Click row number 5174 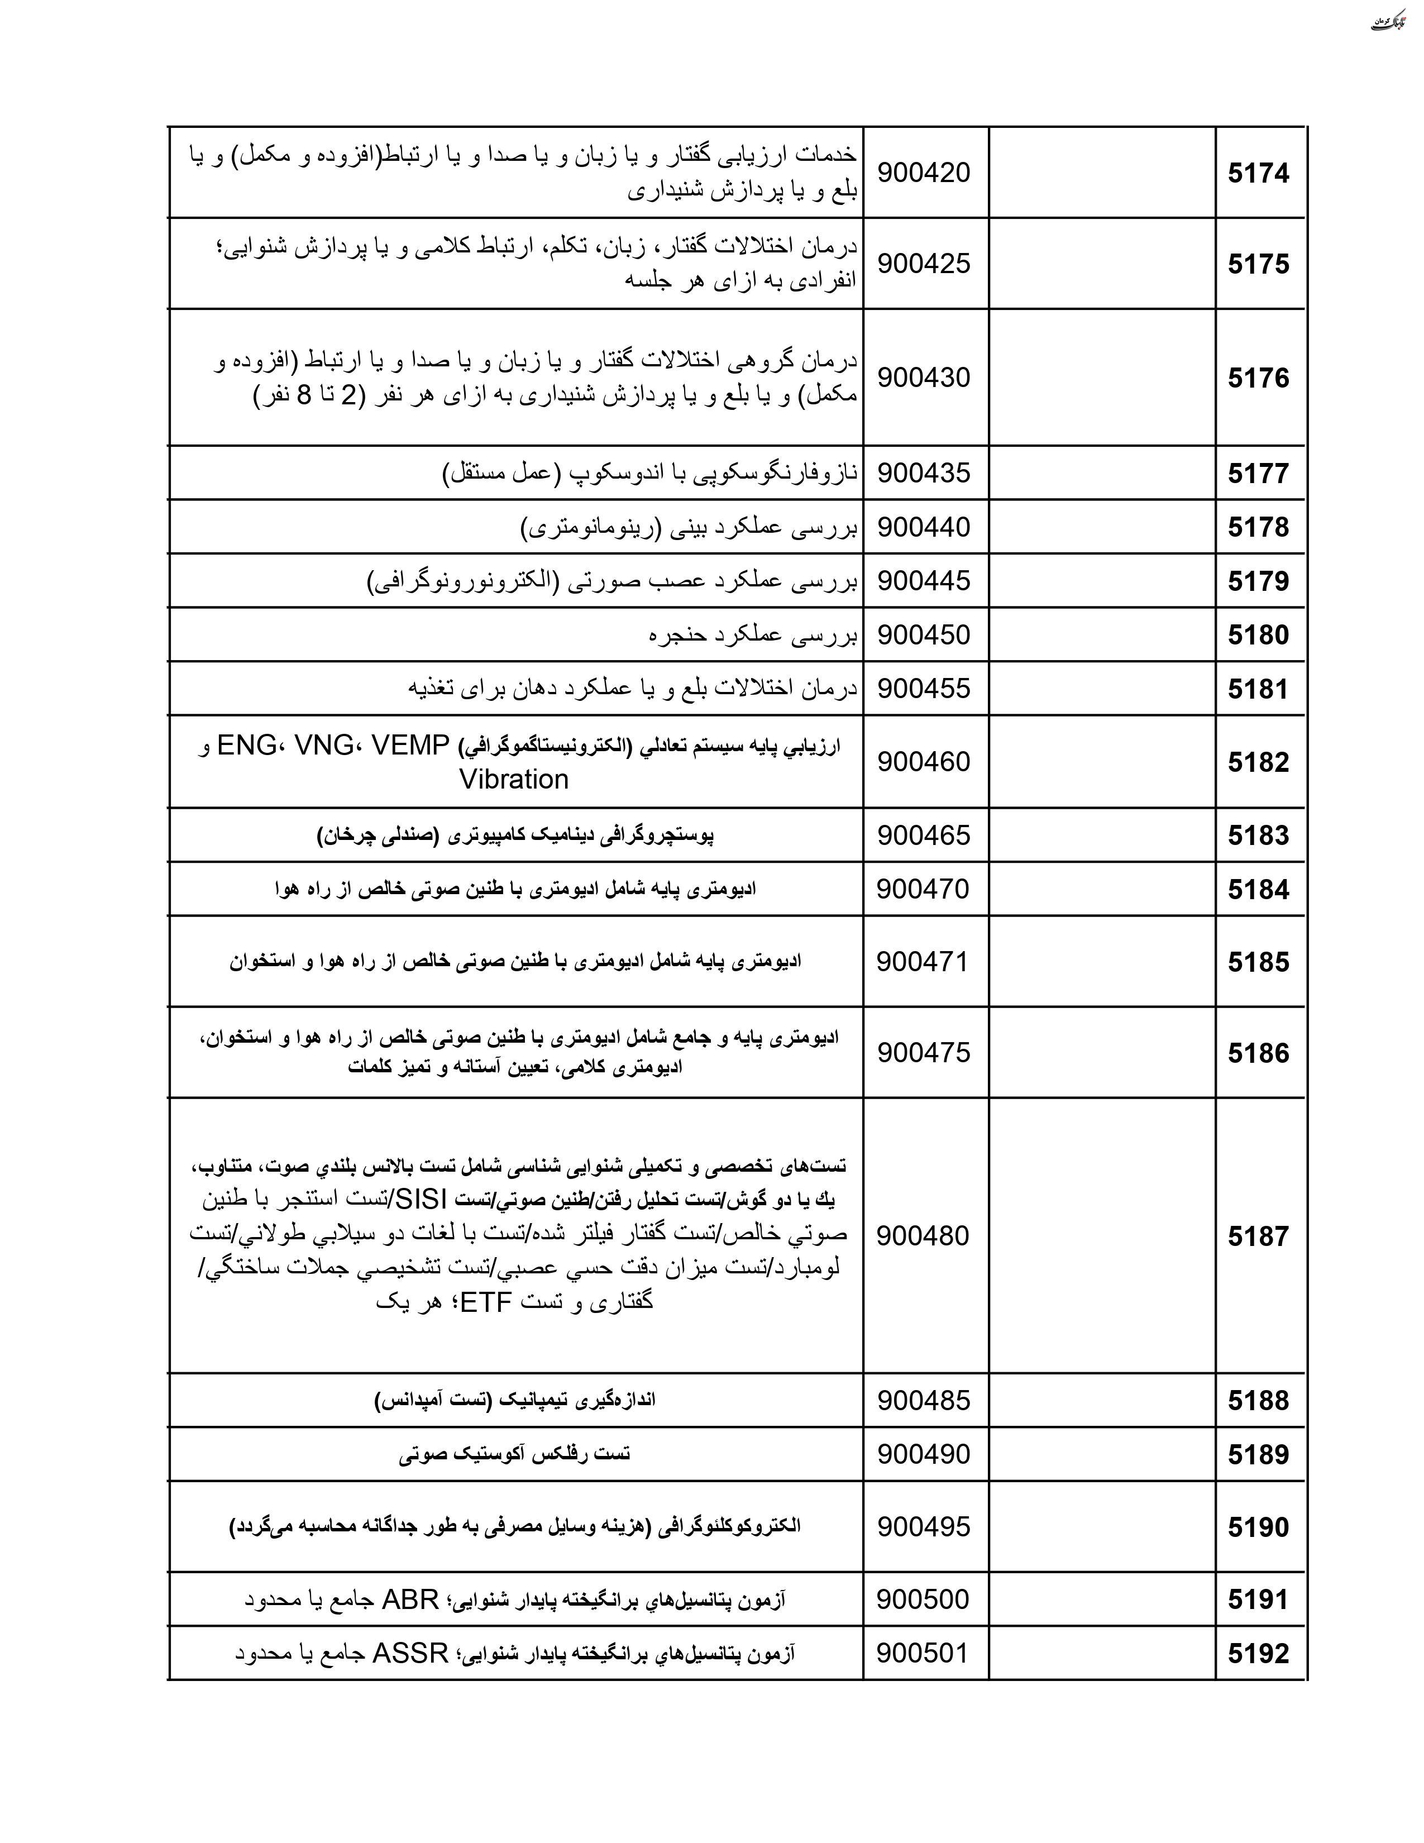[1258, 174]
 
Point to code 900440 [924, 527]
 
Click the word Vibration [514, 780]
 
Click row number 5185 [1258, 963]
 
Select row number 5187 [1258, 1236]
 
